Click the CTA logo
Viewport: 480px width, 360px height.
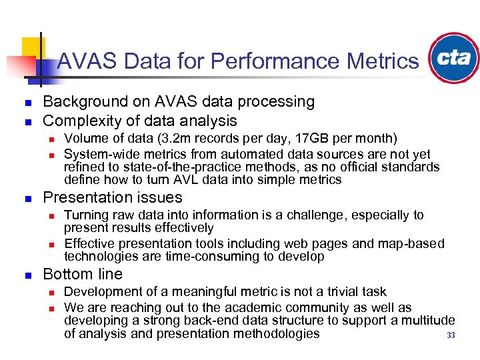454,58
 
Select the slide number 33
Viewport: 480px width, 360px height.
451,335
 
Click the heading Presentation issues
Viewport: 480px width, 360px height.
112,197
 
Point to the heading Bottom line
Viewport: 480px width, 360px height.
83,274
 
